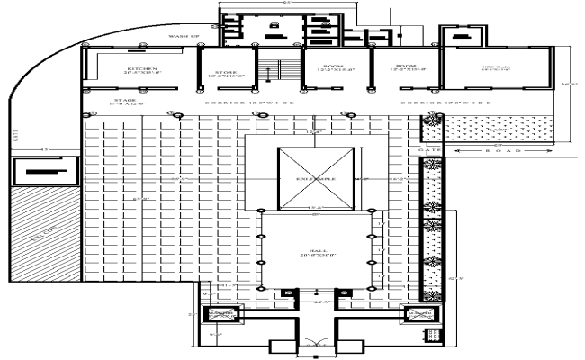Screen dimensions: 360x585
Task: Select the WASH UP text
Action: (184, 36)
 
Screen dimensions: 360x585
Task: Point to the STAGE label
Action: (124, 103)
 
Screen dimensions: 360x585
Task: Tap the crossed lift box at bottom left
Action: (220, 316)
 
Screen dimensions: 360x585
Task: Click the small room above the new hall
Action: (463, 39)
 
